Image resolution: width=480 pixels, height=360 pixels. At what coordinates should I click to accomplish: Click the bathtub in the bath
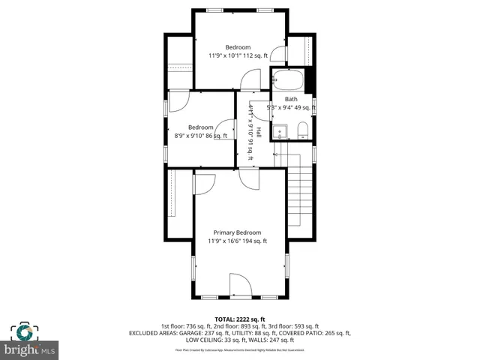point(288,79)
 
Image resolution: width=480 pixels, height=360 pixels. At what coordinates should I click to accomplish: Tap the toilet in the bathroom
point(302,133)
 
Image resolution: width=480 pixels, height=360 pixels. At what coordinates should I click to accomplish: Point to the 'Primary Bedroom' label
point(237,232)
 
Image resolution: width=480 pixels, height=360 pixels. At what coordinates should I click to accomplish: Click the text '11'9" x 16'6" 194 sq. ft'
point(237,241)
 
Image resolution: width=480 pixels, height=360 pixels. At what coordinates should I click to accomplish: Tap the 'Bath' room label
point(291,99)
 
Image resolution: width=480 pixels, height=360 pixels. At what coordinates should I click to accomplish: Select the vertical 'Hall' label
point(259,132)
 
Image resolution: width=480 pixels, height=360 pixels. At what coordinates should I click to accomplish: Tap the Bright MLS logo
point(31,341)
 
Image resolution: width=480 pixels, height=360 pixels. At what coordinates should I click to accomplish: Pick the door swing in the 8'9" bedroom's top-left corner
point(178,101)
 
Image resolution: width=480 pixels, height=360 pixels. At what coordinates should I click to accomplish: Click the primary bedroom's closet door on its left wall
point(201,184)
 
